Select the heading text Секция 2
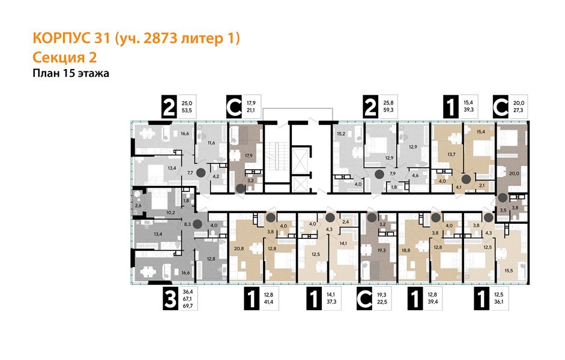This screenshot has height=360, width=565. pyautogui.click(x=64, y=58)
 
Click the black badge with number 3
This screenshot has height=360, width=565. pyautogui.click(x=171, y=298)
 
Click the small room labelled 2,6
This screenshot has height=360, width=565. pyautogui.click(x=138, y=206)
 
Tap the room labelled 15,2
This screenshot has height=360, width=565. pyautogui.click(x=342, y=134)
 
